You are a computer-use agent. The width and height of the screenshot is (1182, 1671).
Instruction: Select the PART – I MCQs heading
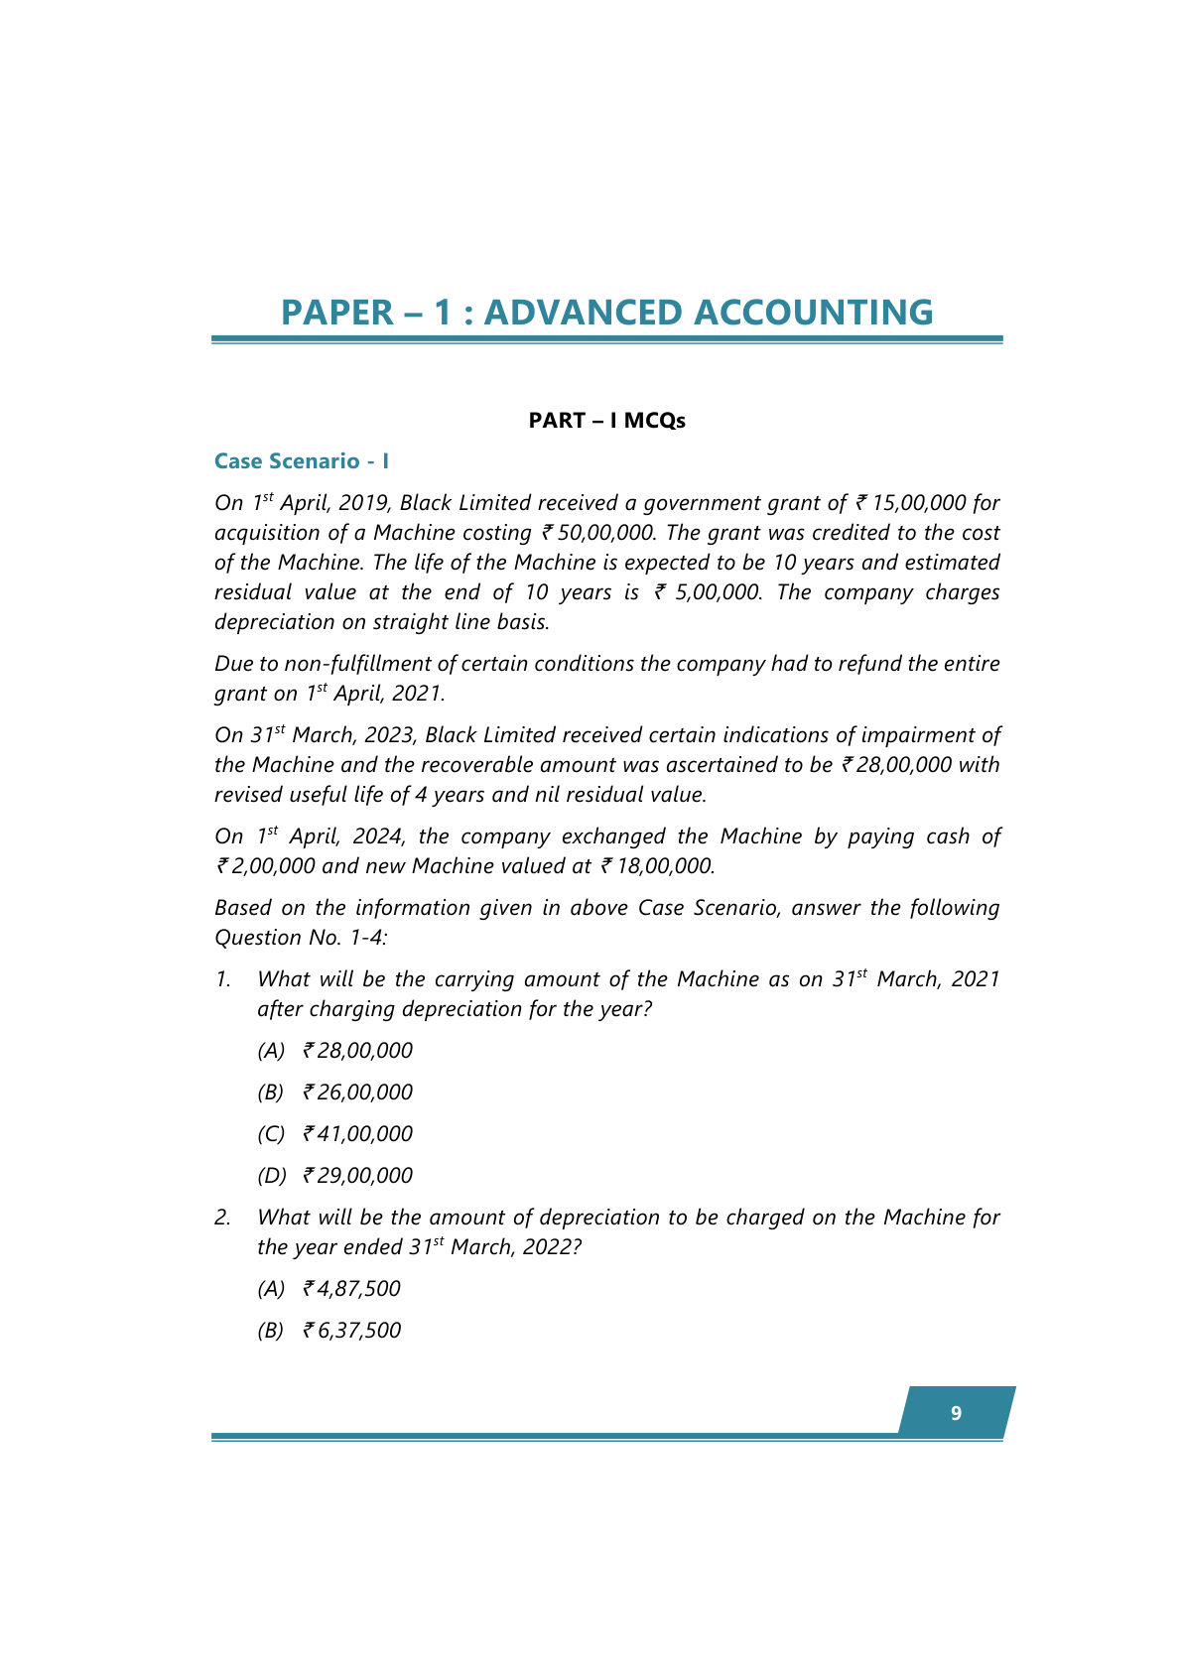pyautogui.click(x=606, y=421)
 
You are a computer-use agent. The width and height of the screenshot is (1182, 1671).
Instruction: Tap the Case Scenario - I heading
pyautogui.click(x=302, y=461)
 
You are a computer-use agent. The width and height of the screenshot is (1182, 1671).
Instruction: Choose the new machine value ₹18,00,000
pyautogui.click(x=656, y=866)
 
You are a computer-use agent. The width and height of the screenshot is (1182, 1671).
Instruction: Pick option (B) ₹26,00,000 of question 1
pyautogui.click(x=357, y=1093)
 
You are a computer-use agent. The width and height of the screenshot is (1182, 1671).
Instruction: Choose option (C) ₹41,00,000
pyautogui.click(x=357, y=1134)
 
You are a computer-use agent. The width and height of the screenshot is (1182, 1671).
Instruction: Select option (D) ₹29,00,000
pyautogui.click(x=357, y=1176)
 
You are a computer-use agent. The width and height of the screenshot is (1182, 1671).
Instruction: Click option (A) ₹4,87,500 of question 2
pyautogui.click(x=351, y=1289)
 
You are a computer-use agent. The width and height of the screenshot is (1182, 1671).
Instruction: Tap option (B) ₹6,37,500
pyautogui.click(x=351, y=1331)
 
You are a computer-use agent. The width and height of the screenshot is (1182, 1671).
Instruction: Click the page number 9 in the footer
pyautogui.click(x=956, y=1413)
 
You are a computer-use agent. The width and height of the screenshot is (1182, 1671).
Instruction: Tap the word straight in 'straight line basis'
pyautogui.click(x=407, y=623)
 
